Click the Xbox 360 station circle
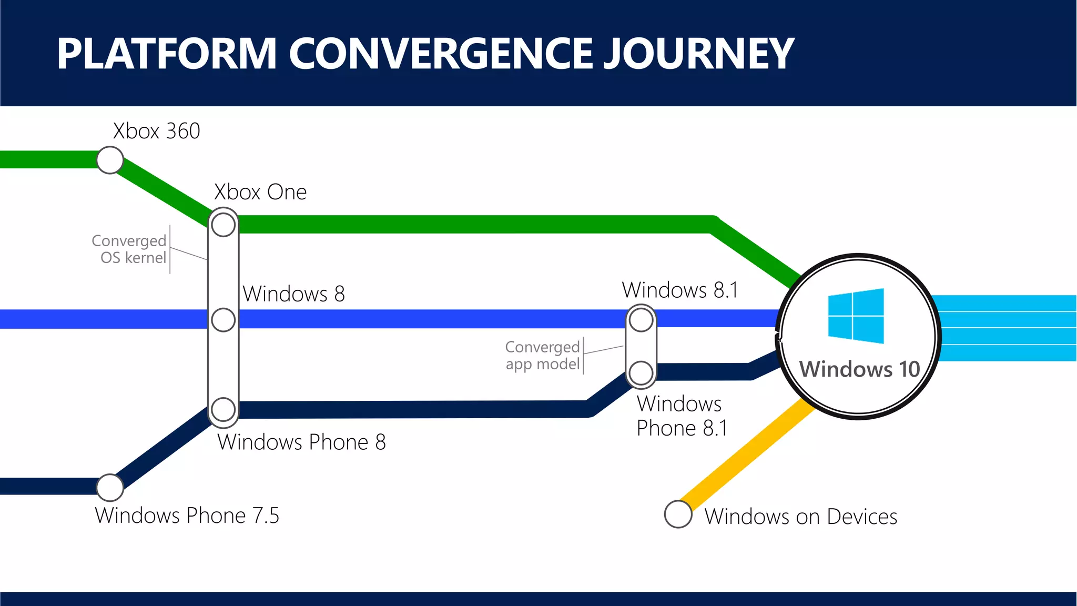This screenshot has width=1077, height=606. pyautogui.click(x=110, y=160)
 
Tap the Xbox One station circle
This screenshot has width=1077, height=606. pyautogui.click(x=223, y=225)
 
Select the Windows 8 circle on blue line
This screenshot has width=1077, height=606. pyautogui.click(x=223, y=320)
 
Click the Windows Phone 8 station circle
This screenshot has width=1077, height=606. pyautogui.click(x=223, y=409)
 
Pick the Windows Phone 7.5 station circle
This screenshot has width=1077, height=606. pyautogui.click(x=110, y=488)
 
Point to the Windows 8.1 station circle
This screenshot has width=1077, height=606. pyautogui.click(x=641, y=320)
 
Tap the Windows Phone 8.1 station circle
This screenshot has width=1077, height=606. pyautogui.click(x=641, y=372)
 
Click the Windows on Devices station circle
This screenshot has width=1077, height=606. pyautogui.click(x=678, y=514)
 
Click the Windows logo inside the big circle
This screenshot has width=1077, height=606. pyautogui.click(x=856, y=316)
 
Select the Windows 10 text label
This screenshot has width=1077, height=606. pyautogui.click(x=859, y=369)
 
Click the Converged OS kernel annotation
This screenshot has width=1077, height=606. pyautogui.click(x=129, y=249)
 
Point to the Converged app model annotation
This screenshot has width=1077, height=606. pyautogui.click(x=543, y=356)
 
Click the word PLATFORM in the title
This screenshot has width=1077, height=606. pyautogui.click(x=167, y=54)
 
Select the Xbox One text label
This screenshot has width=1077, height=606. pyautogui.click(x=260, y=192)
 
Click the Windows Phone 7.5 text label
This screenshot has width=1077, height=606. pyautogui.click(x=187, y=516)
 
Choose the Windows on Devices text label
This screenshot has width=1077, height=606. pyautogui.click(x=800, y=517)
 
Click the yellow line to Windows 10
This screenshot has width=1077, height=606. pyautogui.click(x=747, y=452)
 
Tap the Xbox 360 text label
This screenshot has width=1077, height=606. pyautogui.click(x=157, y=131)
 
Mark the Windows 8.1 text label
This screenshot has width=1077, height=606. pyautogui.click(x=680, y=290)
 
